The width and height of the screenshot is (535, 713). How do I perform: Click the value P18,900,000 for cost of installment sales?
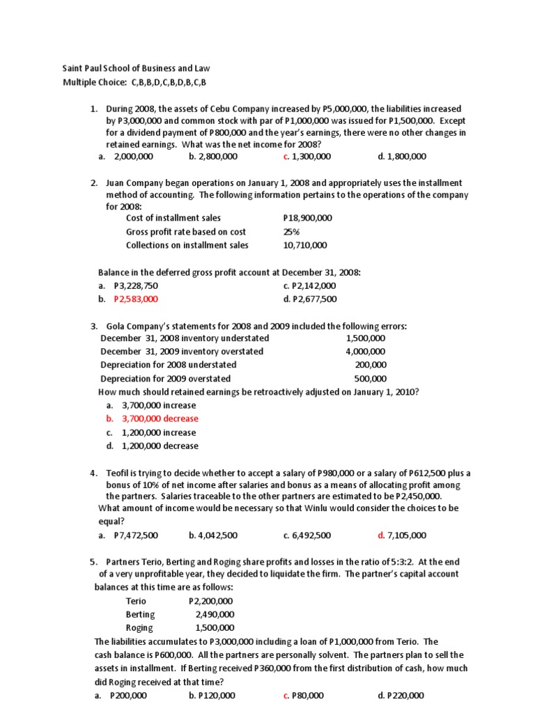(x=308, y=218)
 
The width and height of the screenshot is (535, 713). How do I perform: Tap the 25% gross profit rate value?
(x=292, y=231)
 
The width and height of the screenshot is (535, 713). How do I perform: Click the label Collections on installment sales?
(x=187, y=245)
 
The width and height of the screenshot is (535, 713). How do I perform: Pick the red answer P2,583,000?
(x=136, y=299)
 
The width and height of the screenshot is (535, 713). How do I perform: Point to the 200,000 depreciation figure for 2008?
(x=371, y=364)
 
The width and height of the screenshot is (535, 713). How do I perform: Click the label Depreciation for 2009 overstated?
(x=165, y=378)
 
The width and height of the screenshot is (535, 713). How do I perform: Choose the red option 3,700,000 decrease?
(x=160, y=418)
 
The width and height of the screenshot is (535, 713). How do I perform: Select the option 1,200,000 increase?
(x=159, y=432)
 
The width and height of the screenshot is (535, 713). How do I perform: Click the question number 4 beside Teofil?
(x=93, y=473)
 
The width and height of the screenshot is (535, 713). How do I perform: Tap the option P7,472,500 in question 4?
(x=136, y=535)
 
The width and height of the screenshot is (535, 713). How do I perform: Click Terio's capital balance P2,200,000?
(x=211, y=601)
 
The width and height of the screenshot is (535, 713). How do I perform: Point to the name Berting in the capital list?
(x=140, y=614)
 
